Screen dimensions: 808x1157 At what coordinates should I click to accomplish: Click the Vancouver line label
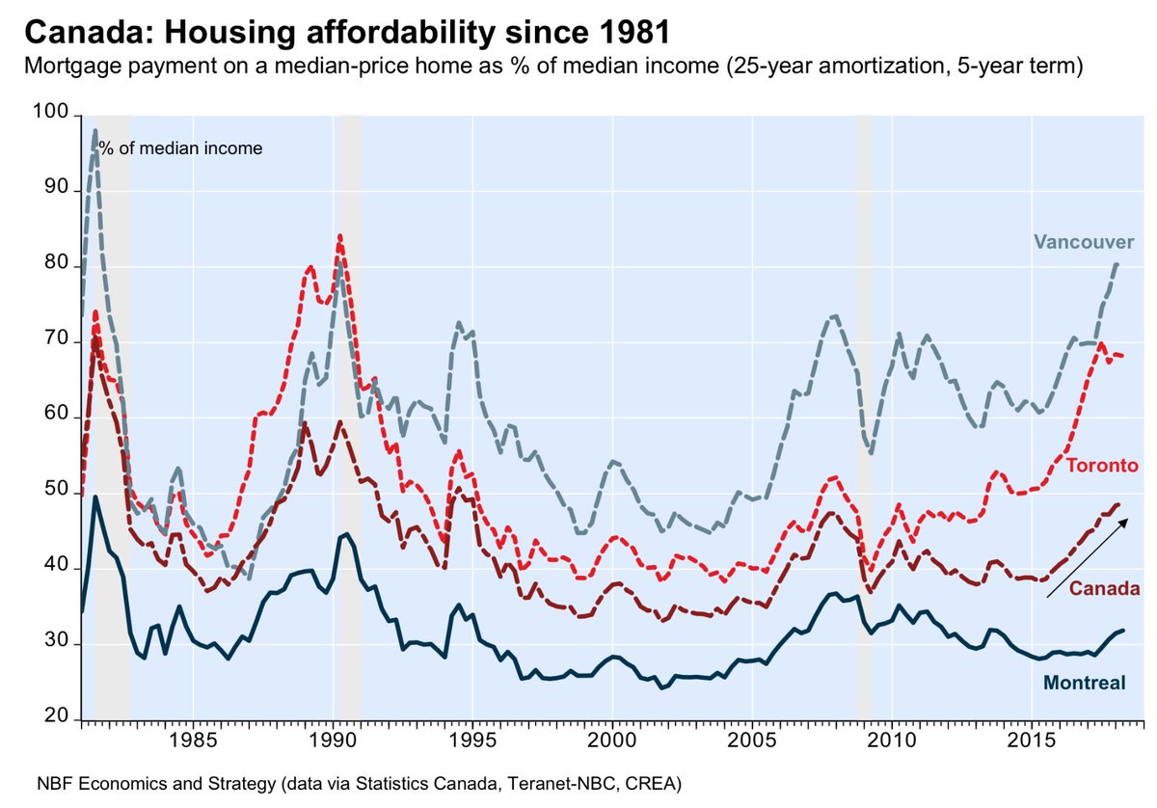[x=1084, y=241]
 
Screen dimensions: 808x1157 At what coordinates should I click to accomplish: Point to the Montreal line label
[x=1085, y=683]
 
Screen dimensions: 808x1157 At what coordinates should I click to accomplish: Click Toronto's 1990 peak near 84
[x=339, y=235]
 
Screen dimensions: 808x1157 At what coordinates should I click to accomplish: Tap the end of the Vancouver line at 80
[x=1117, y=263]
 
